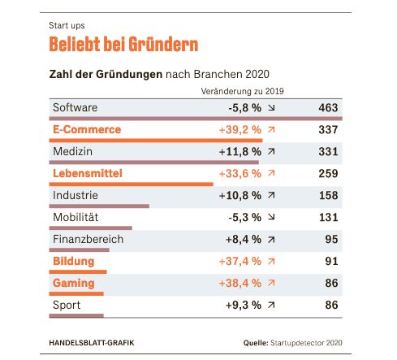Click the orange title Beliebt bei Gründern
pyautogui.click(x=123, y=44)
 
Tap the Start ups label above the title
pyautogui.click(x=67, y=25)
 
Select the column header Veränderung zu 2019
pyautogui.click(x=242, y=91)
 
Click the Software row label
pyautogui.click(x=75, y=107)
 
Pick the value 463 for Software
pyautogui.click(x=328, y=108)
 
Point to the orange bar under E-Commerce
pyautogui.click(x=156, y=141)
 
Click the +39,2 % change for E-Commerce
pyautogui.click(x=240, y=130)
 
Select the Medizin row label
pyautogui.click(x=72, y=151)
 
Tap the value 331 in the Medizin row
pyautogui.click(x=328, y=151)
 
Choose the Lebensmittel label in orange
pyautogui.click(x=88, y=173)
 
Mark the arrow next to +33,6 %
pyautogui.click(x=271, y=173)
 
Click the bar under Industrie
pyautogui.click(x=99, y=206)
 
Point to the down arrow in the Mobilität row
pyautogui.click(x=271, y=217)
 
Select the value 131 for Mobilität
pyautogui.click(x=329, y=217)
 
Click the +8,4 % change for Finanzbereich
pyautogui.click(x=244, y=240)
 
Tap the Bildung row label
pyautogui.click(x=74, y=261)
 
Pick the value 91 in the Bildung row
pyautogui.click(x=331, y=261)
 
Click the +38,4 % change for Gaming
pyautogui.click(x=240, y=284)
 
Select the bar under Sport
pyautogui.click(x=76, y=315)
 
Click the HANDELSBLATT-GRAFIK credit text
pyautogui.click(x=92, y=343)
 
